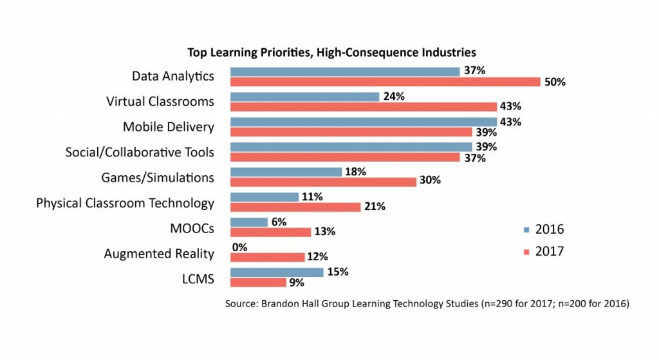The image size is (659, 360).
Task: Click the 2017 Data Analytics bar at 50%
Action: coord(385,82)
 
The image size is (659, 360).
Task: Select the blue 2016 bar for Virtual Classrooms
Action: coord(304,97)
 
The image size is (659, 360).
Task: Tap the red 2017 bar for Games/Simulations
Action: coord(323,181)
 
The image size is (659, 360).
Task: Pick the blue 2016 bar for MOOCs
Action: coord(248,222)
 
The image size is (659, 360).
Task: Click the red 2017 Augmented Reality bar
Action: coord(267,257)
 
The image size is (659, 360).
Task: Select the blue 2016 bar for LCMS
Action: coord(277,272)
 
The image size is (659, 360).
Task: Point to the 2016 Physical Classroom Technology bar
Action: coord(264,197)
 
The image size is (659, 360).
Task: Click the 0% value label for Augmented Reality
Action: coord(239,247)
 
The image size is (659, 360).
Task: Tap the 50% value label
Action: coord(555,82)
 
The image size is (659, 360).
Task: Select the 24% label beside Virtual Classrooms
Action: coord(394,97)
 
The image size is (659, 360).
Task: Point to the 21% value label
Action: coord(375,207)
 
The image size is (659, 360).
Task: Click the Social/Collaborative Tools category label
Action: coord(140,152)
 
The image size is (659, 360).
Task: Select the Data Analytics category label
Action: coord(172,76)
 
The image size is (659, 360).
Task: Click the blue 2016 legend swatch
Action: coord(526,230)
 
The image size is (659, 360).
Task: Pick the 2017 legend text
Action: coord(550,251)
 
